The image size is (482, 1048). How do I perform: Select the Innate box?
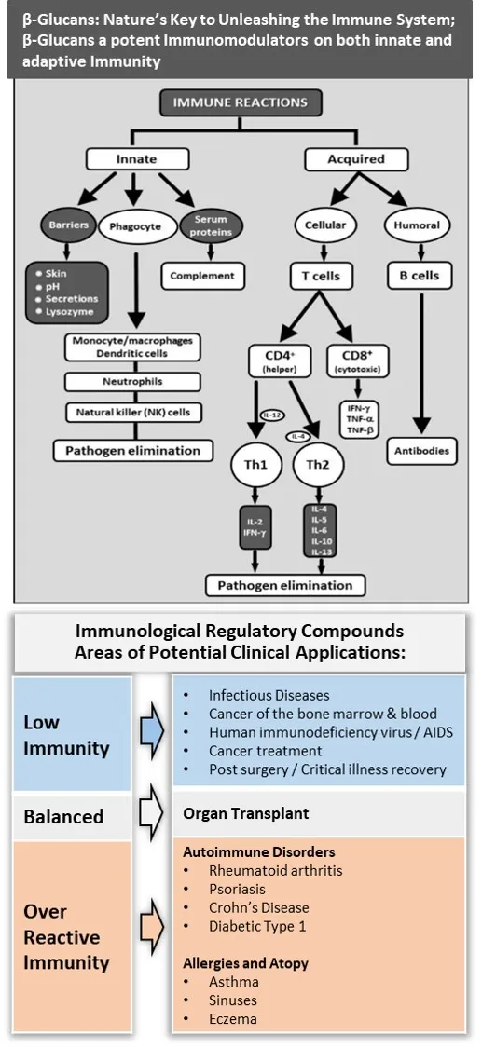136,159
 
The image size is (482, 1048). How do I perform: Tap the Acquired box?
355,159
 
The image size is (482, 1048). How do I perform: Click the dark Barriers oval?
62,225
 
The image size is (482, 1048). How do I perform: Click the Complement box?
203,276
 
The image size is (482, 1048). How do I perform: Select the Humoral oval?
419,225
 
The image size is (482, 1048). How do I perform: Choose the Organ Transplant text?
245,813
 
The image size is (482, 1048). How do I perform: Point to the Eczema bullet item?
233,1018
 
